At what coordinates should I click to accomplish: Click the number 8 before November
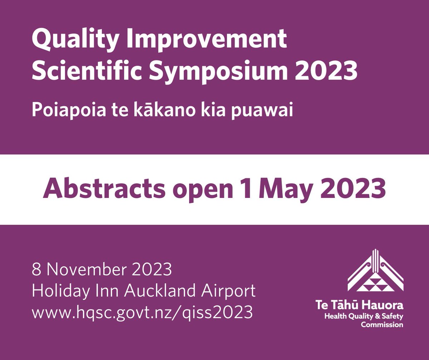tap(36, 269)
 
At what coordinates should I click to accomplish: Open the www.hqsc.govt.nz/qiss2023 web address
tap(142, 312)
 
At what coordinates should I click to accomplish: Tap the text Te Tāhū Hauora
tap(359, 305)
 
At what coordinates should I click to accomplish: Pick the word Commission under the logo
tap(381, 325)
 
